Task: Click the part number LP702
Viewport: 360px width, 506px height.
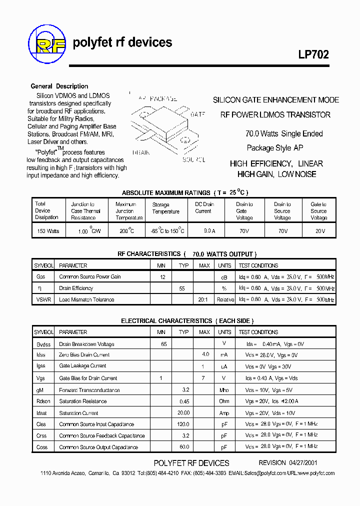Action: coord(314,55)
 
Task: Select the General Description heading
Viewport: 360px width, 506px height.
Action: coord(59,86)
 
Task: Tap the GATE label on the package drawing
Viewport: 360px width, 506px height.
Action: coord(198,114)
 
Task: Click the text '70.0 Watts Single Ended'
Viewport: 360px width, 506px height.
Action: coord(284,133)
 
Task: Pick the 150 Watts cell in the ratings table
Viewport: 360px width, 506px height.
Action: coord(48,231)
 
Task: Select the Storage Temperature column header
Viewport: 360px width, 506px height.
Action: coord(165,208)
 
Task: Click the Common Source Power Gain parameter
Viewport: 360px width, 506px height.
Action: coord(90,276)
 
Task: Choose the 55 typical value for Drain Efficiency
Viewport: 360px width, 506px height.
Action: coord(182,288)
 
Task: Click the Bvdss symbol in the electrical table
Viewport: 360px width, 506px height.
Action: coord(44,344)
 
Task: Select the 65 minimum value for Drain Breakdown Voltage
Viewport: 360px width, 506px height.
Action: coord(163,344)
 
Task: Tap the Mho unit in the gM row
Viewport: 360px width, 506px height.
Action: coord(224,390)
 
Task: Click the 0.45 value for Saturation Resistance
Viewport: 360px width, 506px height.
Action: coord(184,401)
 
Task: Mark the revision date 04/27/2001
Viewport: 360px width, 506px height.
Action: coord(302,463)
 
